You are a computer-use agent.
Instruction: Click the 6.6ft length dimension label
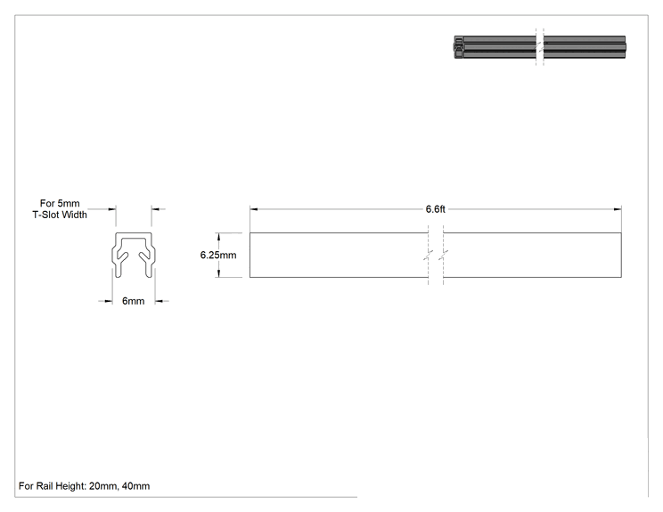tap(435, 209)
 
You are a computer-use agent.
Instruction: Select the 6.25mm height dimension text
tap(218, 256)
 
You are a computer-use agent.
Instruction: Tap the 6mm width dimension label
tap(133, 301)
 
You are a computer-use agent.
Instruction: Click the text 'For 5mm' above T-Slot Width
tap(60, 203)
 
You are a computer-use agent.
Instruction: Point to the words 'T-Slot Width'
tap(60, 215)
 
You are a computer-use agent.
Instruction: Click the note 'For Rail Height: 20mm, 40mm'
tap(84, 486)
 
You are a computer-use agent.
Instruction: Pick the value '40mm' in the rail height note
tap(135, 486)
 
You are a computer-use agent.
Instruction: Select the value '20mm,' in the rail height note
tap(104, 486)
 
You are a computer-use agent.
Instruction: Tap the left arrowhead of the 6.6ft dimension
tap(254, 209)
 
